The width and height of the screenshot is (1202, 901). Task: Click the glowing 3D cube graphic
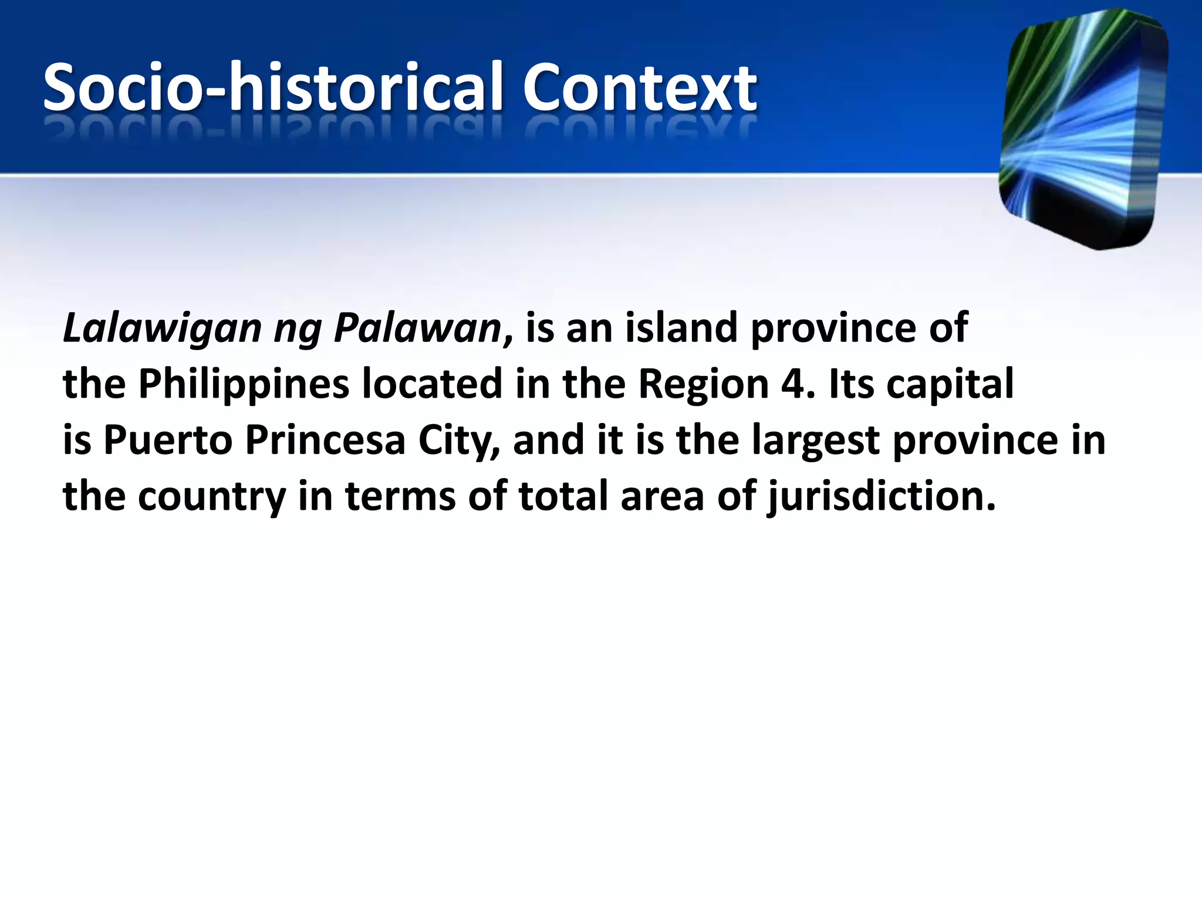1083,129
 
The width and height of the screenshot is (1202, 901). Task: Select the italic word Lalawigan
161,328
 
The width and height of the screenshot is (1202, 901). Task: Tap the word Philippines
244,385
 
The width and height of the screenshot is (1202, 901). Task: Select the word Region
703,385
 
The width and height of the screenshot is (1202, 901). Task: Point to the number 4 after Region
794,384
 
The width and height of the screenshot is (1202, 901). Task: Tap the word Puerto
168,440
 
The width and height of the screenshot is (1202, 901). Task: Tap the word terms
400,496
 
